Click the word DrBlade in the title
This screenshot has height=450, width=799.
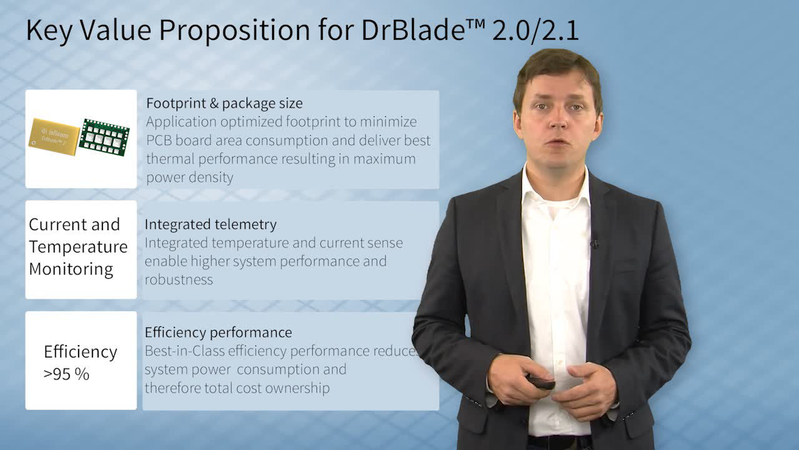413,30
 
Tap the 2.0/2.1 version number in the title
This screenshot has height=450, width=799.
535,31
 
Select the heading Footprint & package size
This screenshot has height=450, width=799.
224,104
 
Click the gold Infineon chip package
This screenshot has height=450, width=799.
54,137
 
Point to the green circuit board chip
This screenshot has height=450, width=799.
104,137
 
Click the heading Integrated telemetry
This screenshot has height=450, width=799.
210,224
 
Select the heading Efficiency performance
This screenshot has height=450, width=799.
218,332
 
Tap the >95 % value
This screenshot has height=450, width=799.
66,374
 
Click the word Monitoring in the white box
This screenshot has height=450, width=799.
71,269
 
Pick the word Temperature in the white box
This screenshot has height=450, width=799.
78,247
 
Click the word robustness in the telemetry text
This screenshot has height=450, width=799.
179,279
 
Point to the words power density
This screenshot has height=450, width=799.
190,177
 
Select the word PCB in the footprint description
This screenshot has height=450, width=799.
159,141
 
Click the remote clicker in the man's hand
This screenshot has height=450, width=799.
541,382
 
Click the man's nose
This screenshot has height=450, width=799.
558,119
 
